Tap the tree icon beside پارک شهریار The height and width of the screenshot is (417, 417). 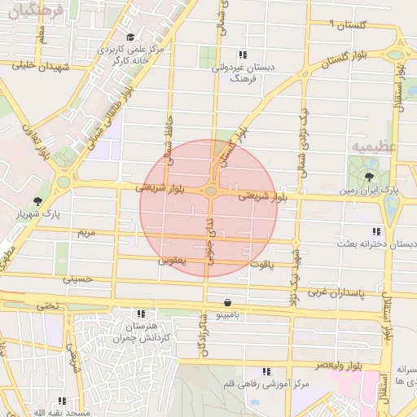(37, 201)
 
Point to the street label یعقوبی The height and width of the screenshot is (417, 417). (172, 261)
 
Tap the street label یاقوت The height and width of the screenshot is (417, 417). (264, 265)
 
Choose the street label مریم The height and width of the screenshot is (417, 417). (87, 233)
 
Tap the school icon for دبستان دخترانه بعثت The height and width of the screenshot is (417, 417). (375, 231)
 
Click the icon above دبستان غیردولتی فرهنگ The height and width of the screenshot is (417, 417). (241, 55)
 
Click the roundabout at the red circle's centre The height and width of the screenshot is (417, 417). (211, 191)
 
